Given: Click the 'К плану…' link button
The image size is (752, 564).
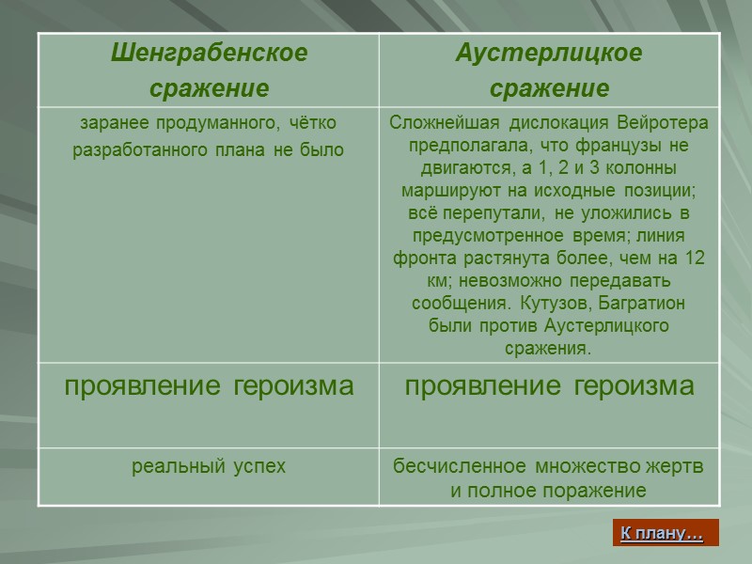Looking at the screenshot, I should [x=663, y=534].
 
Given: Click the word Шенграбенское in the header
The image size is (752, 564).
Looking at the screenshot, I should [x=209, y=54].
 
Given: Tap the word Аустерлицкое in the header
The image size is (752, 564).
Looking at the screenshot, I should [x=549, y=54].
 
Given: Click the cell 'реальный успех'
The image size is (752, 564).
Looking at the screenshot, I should [x=209, y=466].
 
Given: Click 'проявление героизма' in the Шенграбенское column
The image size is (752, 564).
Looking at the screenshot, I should [x=209, y=386].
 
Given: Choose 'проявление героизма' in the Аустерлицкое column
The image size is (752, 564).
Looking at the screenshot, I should [x=549, y=386].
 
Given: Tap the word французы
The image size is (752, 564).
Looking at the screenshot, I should [x=608, y=147].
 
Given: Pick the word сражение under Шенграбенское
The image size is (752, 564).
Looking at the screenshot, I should [x=209, y=88].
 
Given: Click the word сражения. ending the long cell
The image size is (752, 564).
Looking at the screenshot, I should [x=549, y=350].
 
